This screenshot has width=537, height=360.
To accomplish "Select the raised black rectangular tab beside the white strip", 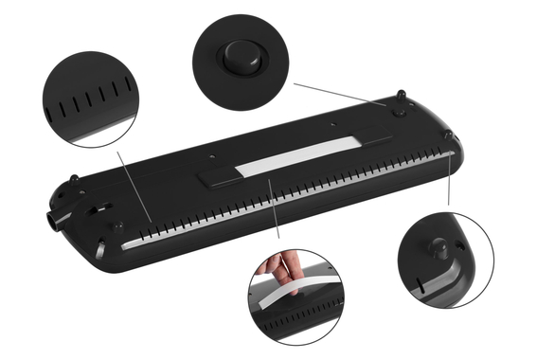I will click(x=219, y=174).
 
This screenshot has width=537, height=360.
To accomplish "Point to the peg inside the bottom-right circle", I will click(x=441, y=248).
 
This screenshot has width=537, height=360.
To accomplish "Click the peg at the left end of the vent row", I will click(x=118, y=226).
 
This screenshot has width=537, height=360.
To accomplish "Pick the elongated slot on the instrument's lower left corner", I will click(x=101, y=252).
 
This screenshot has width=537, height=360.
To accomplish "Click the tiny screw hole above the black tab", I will click(x=213, y=153).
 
